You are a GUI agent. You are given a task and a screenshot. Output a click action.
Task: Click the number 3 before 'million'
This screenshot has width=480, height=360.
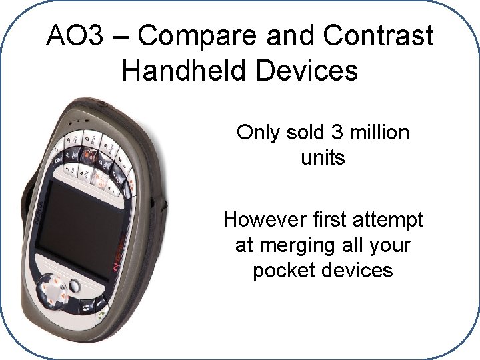point(336,133)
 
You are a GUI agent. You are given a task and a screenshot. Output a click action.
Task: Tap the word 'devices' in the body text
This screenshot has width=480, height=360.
point(360,271)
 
